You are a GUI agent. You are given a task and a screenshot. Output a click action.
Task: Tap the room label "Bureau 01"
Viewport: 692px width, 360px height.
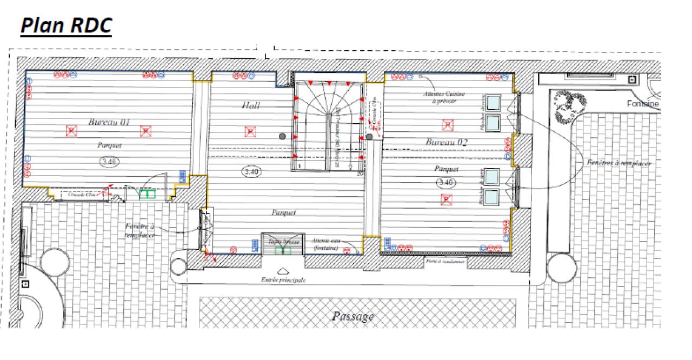pyautogui.click(x=109, y=122)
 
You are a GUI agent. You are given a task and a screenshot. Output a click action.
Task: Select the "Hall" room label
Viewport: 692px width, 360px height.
pyautogui.click(x=251, y=105)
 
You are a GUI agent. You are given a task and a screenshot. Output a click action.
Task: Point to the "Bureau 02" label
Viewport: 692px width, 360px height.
pyautogui.click(x=446, y=142)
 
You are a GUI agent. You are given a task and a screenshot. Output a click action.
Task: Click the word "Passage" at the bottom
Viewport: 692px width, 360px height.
pyautogui.click(x=353, y=316)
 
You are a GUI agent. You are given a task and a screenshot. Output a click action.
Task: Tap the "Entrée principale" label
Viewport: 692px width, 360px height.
pyautogui.click(x=283, y=280)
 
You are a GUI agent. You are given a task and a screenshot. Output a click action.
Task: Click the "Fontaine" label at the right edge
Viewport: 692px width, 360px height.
pyautogui.click(x=643, y=103)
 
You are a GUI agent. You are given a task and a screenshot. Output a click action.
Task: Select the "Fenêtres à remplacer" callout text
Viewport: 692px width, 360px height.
pyautogui.click(x=619, y=163)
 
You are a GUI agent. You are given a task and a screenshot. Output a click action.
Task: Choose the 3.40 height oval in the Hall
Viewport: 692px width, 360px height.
pyautogui.click(x=252, y=172)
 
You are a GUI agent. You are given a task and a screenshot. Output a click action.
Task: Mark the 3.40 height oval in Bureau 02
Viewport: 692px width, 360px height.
pyautogui.click(x=445, y=182)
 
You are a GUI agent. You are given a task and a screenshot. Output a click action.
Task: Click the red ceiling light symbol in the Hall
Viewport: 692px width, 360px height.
pyautogui.click(x=249, y=131)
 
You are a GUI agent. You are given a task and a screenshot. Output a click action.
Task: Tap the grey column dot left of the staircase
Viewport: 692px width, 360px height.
pyautogui.click(x=282, y=137)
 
